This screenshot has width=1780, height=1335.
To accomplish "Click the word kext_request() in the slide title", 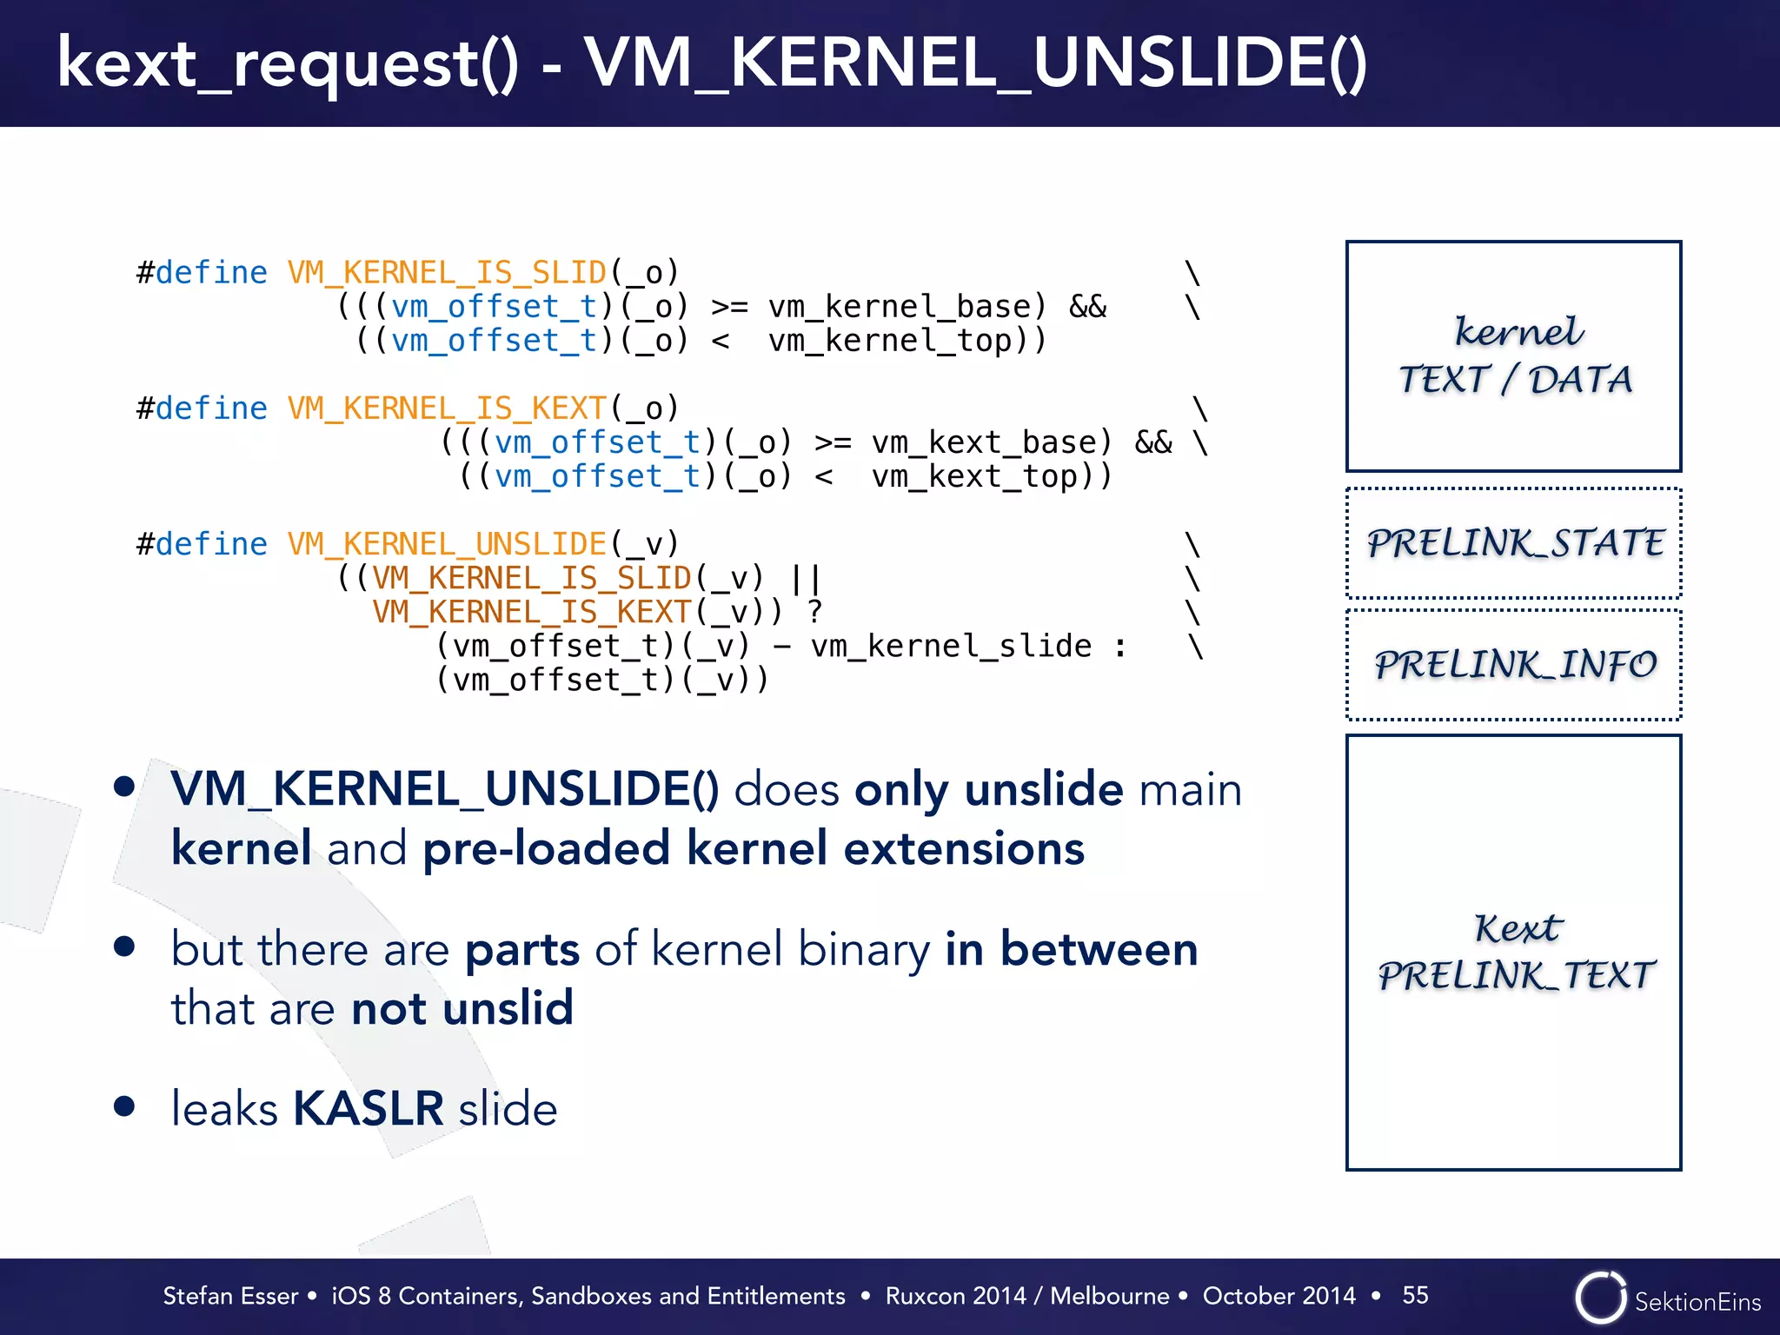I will pos(287,64).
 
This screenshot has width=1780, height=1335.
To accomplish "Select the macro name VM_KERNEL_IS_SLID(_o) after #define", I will pos(482,273).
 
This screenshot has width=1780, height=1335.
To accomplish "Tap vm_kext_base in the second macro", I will pos(990,442).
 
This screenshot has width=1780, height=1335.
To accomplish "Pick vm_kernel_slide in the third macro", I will pos(951,646).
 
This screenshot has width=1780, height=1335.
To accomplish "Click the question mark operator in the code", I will pos(814,612).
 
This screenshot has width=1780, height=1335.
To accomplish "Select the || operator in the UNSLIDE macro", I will pos(806,578).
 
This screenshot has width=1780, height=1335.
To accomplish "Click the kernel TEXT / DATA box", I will pos(1513,356).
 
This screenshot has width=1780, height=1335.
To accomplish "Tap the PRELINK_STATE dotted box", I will pos(1513,543).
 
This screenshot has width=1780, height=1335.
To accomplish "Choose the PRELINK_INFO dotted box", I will pos(1513,665).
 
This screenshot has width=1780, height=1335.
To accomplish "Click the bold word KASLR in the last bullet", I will pos(369,1108).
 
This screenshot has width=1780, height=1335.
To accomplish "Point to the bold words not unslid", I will pos(462,1008).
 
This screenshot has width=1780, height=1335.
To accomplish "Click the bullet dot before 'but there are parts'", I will pos(124,946).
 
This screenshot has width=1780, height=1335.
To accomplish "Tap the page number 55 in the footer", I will pos(1415,1295).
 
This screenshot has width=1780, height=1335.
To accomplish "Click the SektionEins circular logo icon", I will pos(1599,1298).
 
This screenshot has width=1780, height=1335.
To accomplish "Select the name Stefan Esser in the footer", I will pos(230,1296).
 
